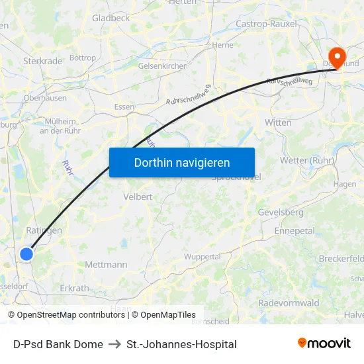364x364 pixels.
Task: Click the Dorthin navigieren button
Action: (x=181, y=162)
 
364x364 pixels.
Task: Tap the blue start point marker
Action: (x=26, y=253)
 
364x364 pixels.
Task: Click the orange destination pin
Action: (x=337, y=58)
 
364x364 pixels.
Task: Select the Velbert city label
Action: (x=138, y=197)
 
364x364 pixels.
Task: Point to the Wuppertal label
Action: (x=202, y=256)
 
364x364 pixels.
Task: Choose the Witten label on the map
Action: (x=277, y=122)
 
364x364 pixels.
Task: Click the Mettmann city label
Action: (x=106, y=265)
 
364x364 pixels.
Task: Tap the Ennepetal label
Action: (x=295, y=231)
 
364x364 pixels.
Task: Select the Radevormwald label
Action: (x=289, y=302)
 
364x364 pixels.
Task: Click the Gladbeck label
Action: (x=111, y=18)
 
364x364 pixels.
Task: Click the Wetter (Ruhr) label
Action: (x=308, y=159)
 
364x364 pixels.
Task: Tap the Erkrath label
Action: (x=74, y=289)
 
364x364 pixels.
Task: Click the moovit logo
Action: (x=324, y=343)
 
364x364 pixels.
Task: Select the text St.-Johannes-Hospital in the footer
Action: (x=181, y=344)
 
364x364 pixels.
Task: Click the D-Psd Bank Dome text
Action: (x=58, y=344)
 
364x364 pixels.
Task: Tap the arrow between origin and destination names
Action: (x=114, y=344)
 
